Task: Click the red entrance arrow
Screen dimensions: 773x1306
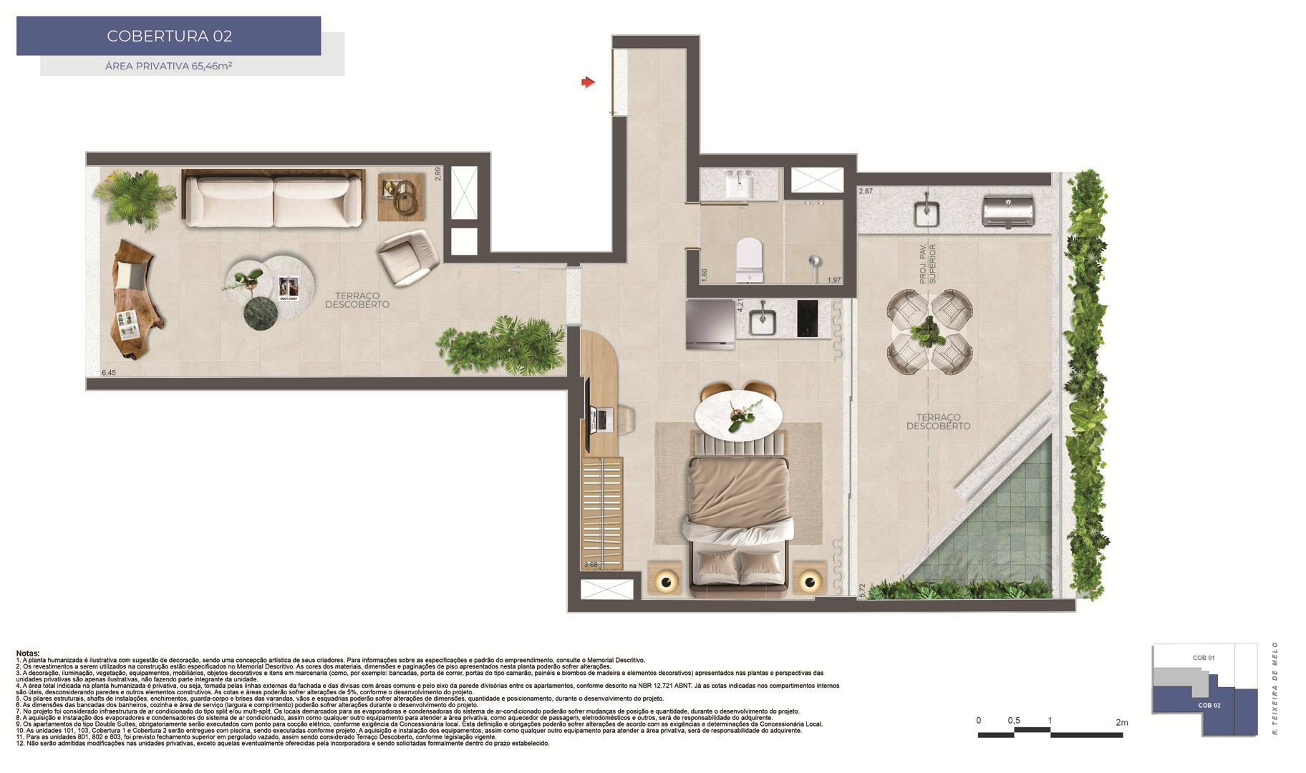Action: (588, 83)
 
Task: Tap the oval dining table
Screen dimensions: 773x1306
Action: (737, 414)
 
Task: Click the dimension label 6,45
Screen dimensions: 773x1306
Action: (108, 373)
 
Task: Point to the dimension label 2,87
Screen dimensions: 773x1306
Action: (866, 191)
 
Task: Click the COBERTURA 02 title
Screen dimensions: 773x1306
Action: (169, 36)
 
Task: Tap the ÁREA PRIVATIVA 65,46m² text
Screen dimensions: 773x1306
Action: (169, 66)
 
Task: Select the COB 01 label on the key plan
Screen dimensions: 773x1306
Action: (1203, 658)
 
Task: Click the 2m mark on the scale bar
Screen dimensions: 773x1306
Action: (1121, 722)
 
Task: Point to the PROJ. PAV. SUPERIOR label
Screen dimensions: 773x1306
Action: (928, 264)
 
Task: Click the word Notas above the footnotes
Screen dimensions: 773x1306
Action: (28, 653)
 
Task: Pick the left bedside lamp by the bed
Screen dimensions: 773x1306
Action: (666, 581)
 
